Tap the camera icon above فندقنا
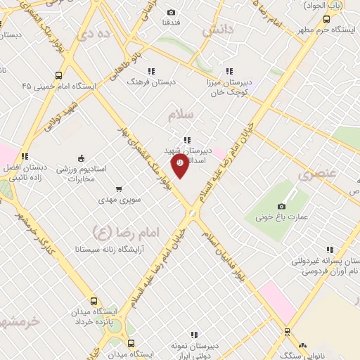pos(172,12)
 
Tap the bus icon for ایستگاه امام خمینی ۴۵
pos(58,75)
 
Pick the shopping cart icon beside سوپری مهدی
pos(118,188)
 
